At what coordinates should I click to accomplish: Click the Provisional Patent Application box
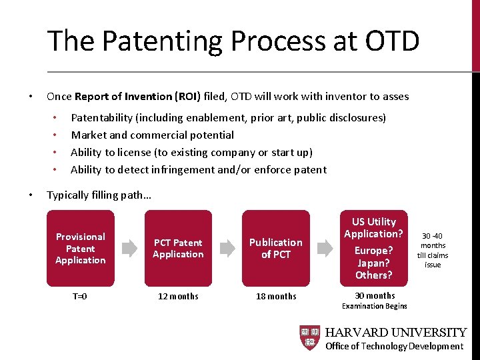tap(81, 248)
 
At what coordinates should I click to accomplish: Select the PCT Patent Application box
tap(178, 248)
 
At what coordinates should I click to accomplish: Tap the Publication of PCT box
tap(276, 248)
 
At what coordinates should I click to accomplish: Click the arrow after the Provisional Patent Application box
tap(130, 248)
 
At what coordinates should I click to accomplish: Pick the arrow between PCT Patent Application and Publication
tap(227, 248)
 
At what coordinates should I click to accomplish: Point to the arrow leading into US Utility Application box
tap(325, 248)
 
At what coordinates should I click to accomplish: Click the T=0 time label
tap(80, 296)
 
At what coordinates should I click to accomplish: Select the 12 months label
tap(178, 296)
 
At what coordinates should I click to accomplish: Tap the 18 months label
tap(276, 296)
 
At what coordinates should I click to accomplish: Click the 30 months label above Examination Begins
tap(374, 295)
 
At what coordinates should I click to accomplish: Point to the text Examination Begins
tap(374, 306)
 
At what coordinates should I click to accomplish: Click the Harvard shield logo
tap(309, 338)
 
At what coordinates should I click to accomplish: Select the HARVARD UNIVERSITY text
tap(395, 332)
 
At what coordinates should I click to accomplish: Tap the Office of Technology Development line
tap(394, 346)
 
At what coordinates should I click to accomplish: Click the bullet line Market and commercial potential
tap(152, 135)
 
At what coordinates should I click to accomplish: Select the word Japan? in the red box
tap(374, 263)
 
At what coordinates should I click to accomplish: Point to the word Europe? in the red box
tap(374, 251)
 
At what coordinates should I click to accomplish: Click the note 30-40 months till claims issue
tap(433, 250)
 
